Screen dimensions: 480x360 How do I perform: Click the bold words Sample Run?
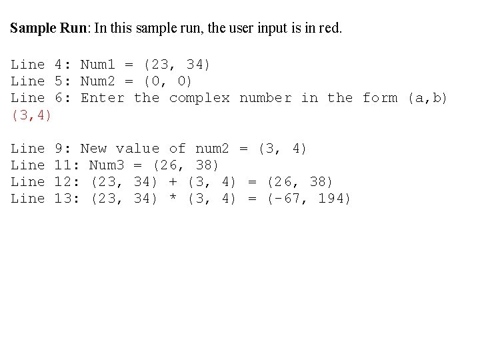(x=50, y=29)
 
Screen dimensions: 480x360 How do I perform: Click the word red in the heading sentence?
(x=327, y=29)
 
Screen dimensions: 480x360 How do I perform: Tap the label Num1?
(x=98, y=65)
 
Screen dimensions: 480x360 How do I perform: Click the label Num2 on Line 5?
(x=98, y=81)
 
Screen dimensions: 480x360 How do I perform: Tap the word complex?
(x=199, y=98)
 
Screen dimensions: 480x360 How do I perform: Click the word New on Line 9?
(x=93, y=148)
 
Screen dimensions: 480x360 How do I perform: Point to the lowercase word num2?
(x=212, y=148)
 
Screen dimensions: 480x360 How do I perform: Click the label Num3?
(x=107, y=165)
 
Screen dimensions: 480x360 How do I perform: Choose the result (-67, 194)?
(x=309, y=198)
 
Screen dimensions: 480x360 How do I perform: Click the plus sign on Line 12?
(x=173, y=181)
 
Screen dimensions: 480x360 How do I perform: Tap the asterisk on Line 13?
(x=173, y=199)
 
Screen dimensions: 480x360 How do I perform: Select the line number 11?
(x=67, y=165)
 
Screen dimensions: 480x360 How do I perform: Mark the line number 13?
(x=67, y=198)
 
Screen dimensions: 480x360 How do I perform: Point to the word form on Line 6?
(x=379, y=98)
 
